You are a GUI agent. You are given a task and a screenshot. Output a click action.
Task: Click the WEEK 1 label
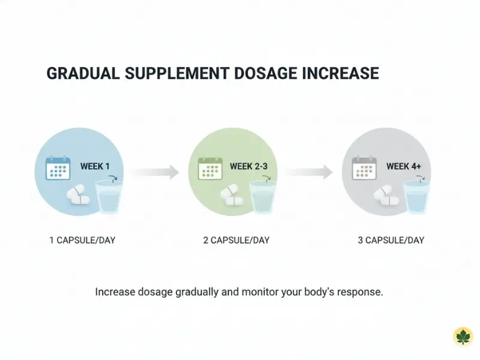coord(95,166)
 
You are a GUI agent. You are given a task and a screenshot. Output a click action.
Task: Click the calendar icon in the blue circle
coord(58,168)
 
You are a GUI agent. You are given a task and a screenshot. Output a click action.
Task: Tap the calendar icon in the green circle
coord(211,168)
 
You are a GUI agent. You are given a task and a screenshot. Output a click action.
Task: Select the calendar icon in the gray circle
coord(364,168)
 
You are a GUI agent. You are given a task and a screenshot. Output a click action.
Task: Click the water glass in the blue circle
coord(109,196)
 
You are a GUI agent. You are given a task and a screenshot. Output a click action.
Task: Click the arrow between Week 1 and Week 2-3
coord(155,172)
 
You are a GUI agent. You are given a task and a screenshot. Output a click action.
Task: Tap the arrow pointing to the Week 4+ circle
coord(309,172)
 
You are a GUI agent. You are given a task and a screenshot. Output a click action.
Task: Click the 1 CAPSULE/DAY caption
coord(82,241)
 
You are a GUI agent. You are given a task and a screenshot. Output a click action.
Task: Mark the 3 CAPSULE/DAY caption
coord(391,241)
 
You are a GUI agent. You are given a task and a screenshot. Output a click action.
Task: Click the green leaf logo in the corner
coord(463,337)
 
